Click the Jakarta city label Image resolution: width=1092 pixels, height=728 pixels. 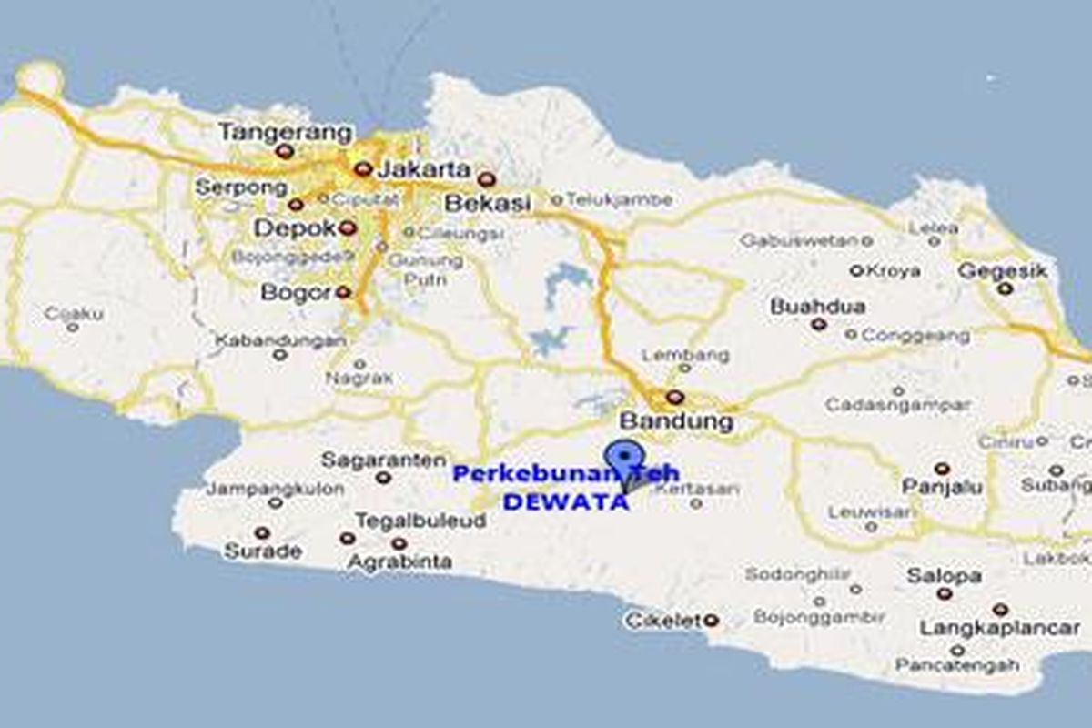point(424,169)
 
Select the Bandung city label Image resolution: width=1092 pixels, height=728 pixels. point(676,421)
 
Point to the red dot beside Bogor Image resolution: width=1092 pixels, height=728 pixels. point(342,292)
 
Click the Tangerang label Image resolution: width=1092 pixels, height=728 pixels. point(286,133)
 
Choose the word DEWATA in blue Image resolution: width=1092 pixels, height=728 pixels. point(566,501)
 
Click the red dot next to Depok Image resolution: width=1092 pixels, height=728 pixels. point(346,228)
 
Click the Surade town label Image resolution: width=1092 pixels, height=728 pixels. point(262,551)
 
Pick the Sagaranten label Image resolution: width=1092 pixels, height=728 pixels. point(384,460)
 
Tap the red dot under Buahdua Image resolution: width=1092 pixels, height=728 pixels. point(819,324)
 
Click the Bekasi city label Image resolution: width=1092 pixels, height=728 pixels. point(487,204)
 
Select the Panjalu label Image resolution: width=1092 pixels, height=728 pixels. point(942,488)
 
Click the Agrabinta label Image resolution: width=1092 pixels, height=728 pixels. point(399,561)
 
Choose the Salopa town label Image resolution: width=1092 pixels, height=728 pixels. point(944,576)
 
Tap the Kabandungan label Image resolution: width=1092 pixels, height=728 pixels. point(280,340)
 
